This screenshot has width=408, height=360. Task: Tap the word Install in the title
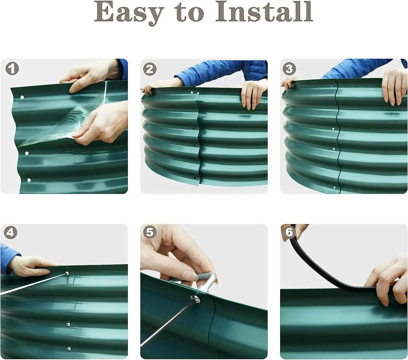coord(264,11)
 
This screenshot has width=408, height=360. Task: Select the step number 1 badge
coord(12,69)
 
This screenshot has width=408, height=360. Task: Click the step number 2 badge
coord(150,69)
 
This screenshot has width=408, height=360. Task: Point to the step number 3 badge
coord(289,69)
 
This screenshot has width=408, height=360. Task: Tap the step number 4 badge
coord(10,232)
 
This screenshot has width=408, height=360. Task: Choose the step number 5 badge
coord(150,232)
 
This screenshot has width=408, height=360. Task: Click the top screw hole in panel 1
coord(22,97)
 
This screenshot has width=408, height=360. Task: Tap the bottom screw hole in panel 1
coord(29,180)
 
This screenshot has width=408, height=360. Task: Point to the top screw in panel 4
coord(67,274)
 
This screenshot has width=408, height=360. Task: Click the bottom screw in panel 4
coord(69,349)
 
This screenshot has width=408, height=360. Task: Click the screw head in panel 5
coord(195,299)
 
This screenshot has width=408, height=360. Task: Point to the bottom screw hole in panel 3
coord(335,187)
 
